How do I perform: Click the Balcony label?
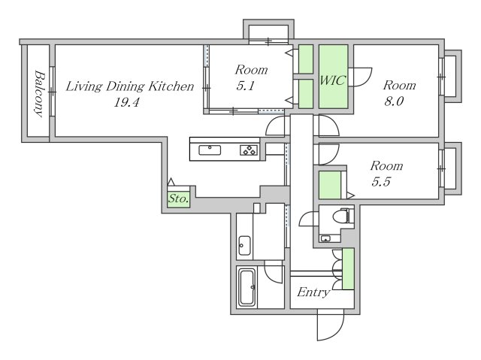pos(39,93)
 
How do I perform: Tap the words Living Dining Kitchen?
pos(130,86)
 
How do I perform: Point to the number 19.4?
pos(126,102)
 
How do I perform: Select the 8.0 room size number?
pos(394,101)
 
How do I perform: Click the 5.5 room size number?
pos(381,182)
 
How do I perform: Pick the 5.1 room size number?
pos(246,86)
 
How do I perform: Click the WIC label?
pos(332,80)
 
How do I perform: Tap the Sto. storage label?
pos(178,198)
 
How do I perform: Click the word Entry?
pos(313,292)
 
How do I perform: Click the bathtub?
pos(247,287)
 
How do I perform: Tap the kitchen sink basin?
pos(210,150)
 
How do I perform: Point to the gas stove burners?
pos(249,150)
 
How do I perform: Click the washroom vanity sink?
pos(244,245)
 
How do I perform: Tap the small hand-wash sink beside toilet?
pos(325,238)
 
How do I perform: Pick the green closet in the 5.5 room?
pos(330,185)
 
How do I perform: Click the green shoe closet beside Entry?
pos(348,269)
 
